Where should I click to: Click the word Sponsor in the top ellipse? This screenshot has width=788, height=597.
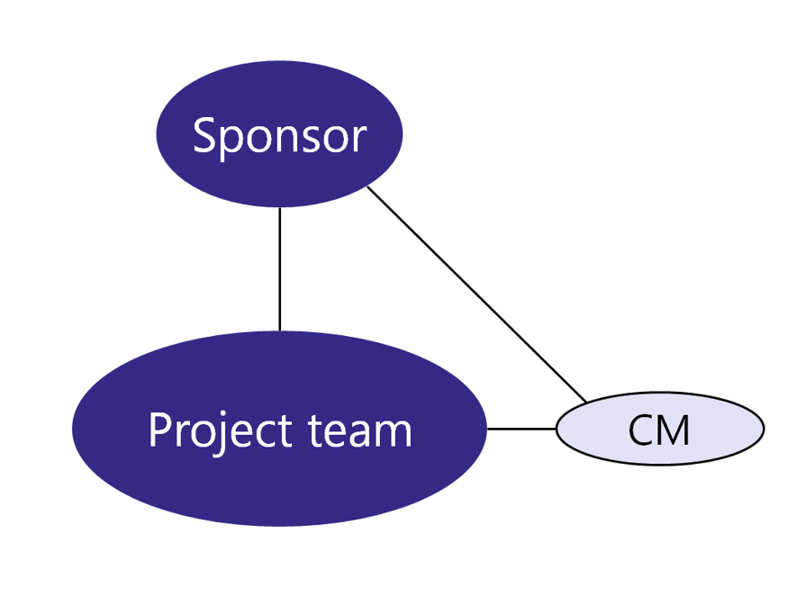pos(279,137)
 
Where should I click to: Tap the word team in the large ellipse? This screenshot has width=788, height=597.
pos(360,430)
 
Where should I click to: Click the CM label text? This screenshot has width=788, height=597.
pos(659,430)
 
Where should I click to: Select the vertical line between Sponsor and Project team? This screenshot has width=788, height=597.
pos(280,270)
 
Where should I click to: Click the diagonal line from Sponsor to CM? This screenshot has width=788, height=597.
pos(477,294)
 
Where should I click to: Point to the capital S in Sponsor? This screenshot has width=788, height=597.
pos(204,137)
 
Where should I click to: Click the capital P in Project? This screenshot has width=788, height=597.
pos(159,430)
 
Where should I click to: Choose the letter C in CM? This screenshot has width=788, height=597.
pos(641,430)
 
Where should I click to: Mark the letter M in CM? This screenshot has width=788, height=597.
pos(675,430)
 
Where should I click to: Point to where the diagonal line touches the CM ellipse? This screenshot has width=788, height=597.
pos(586,402)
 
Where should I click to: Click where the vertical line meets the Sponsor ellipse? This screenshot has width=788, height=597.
pos(280,208)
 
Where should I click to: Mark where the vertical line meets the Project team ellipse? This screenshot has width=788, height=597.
pos(280,330)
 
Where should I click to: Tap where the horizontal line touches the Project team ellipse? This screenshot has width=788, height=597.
pos(487,429)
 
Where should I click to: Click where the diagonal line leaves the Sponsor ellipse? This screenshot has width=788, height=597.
pos(368,187)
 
